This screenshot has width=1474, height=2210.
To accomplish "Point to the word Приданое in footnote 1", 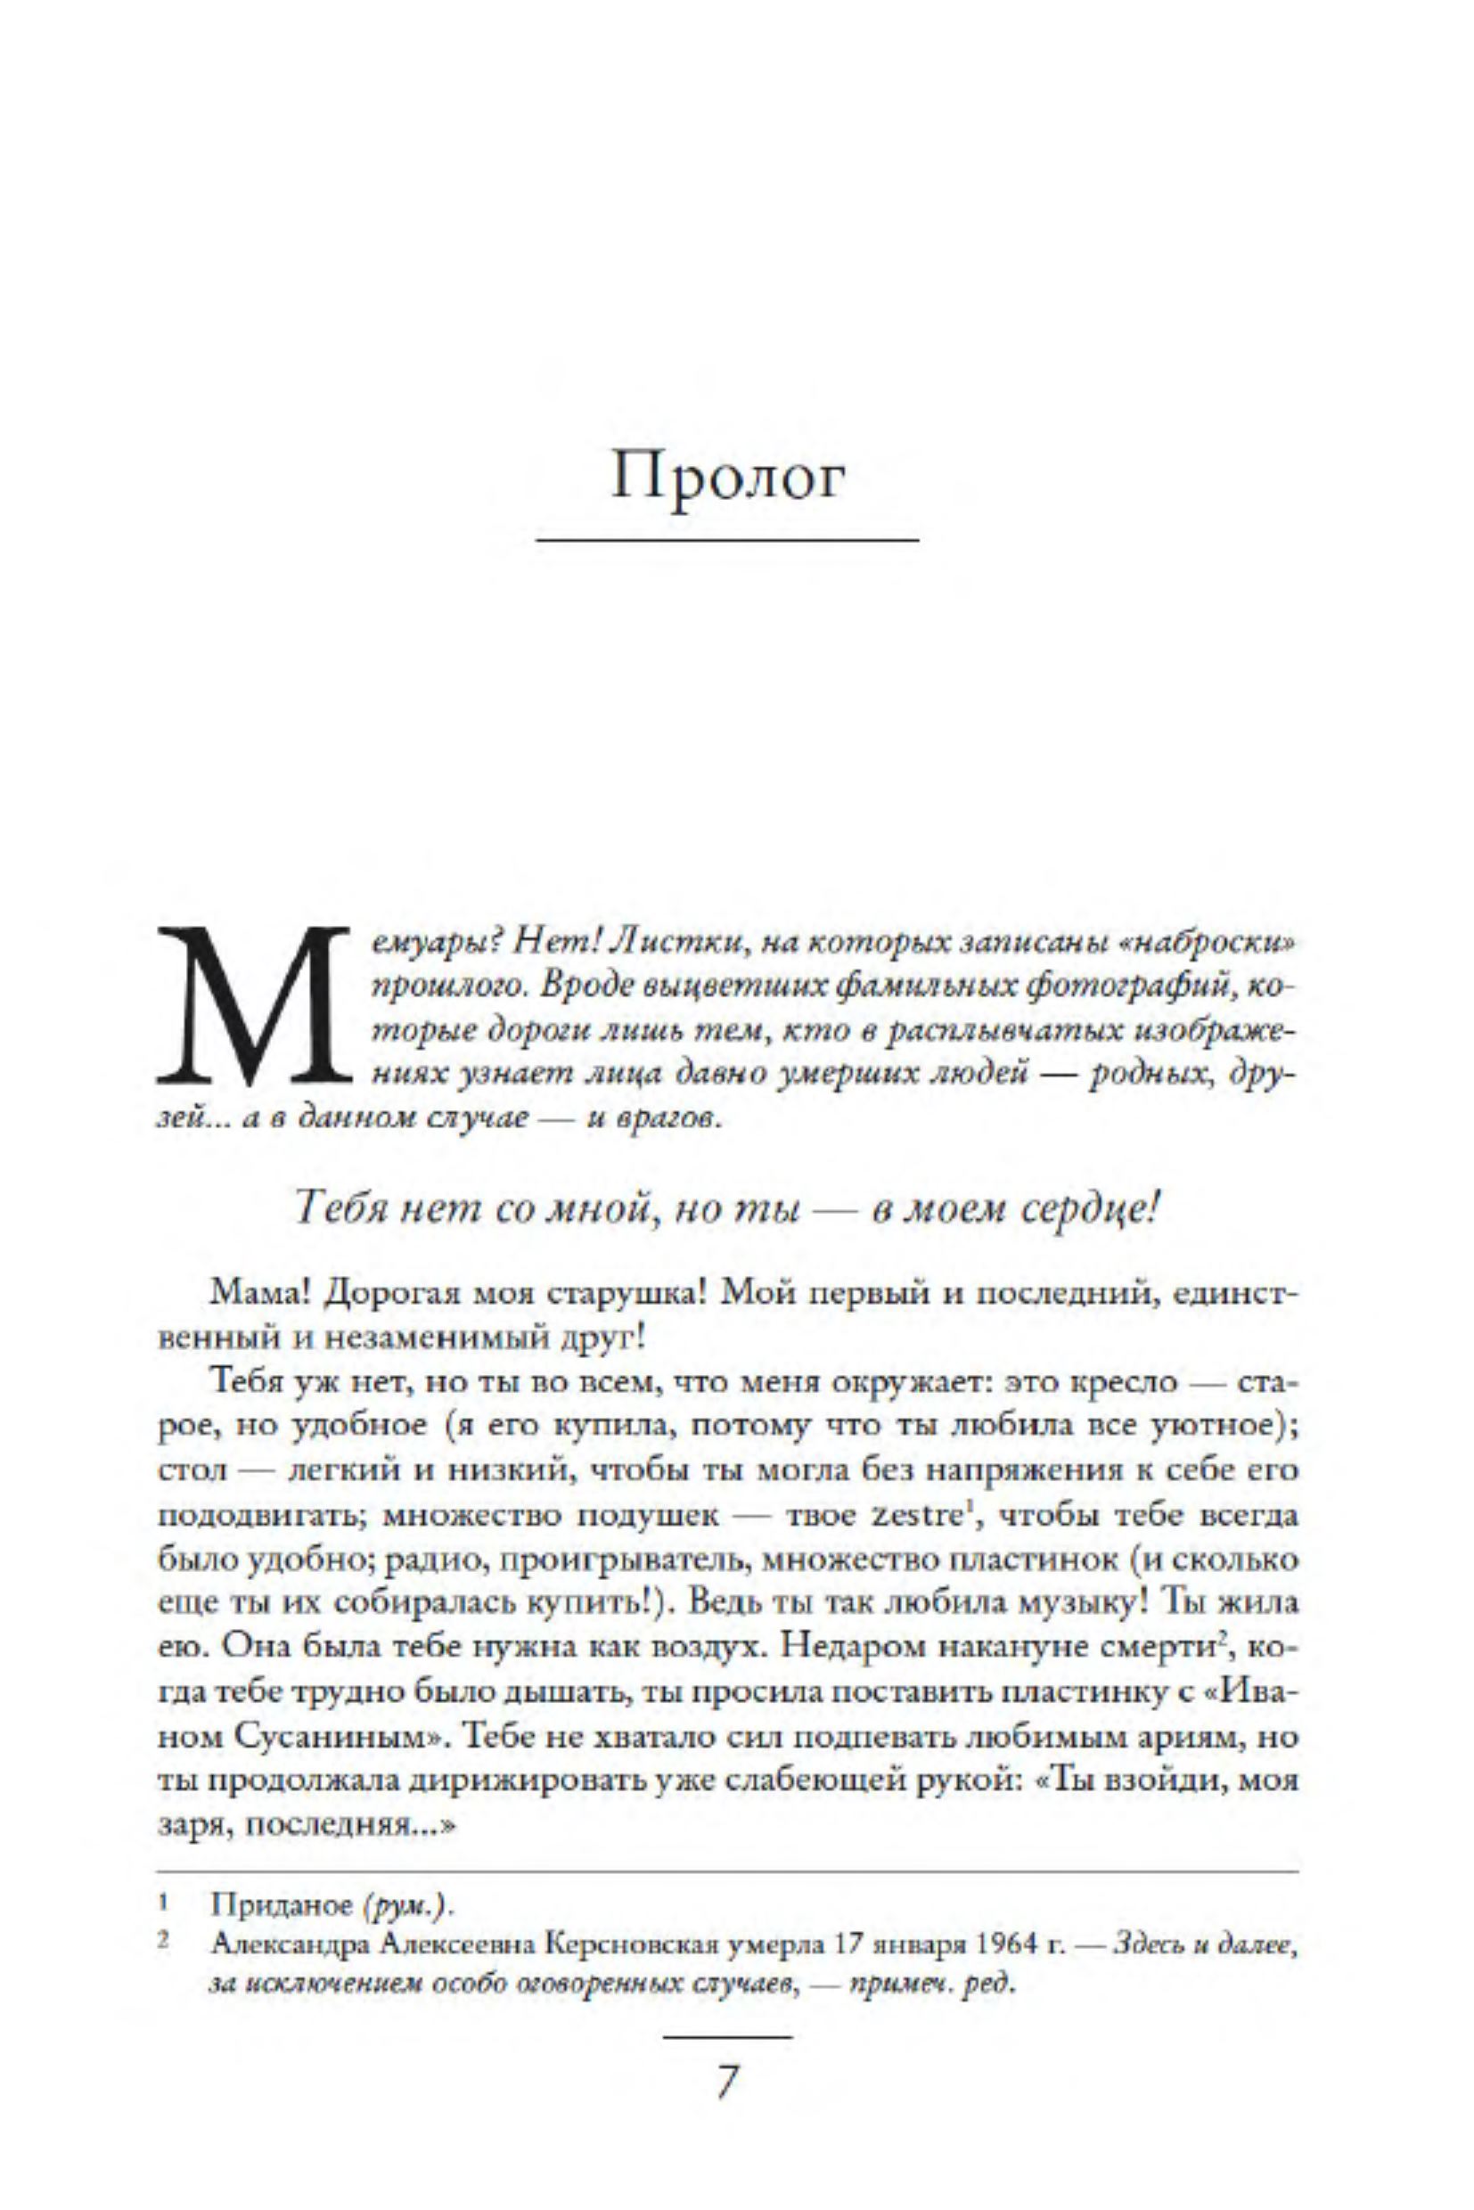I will (x=281, y=1905).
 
